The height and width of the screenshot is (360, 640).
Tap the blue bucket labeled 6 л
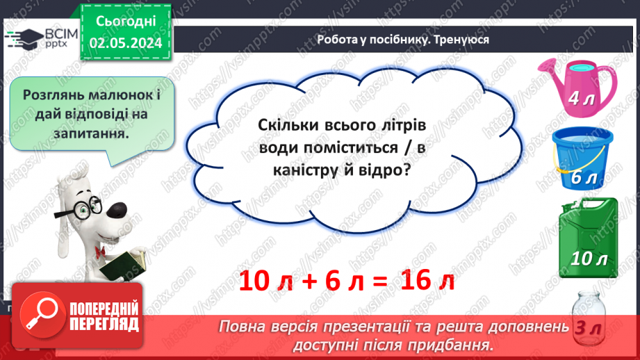click(x=582, y=158)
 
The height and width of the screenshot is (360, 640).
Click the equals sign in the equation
click(x=379, y=281)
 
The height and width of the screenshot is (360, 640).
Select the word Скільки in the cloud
click(x=286, y=126)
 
